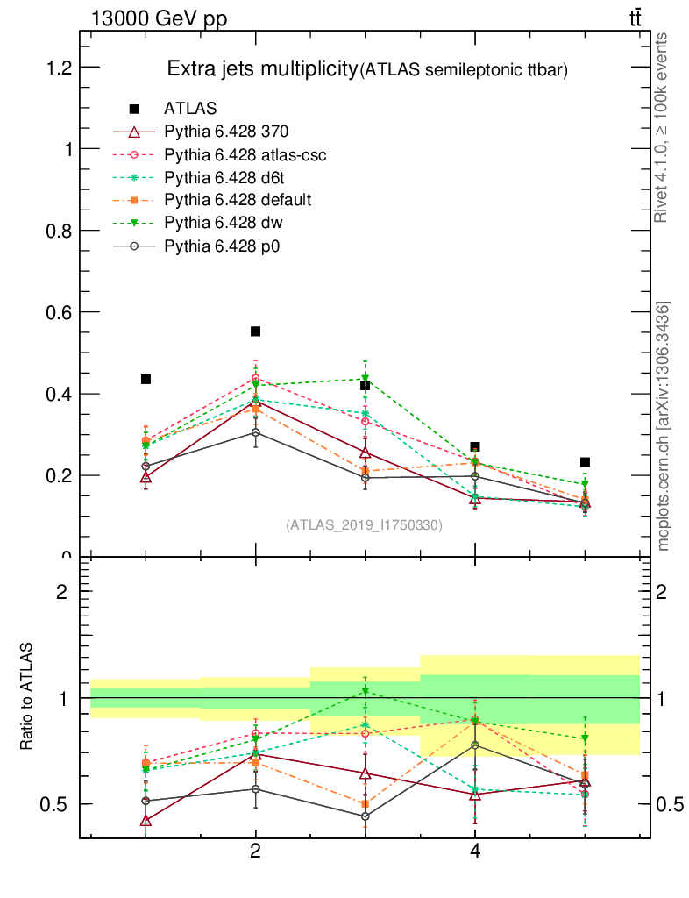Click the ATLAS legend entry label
click(190, 109)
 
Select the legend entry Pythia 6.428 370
click(226, 132)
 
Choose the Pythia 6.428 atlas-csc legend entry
click(245, 154)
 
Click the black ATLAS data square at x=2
click(256, 331)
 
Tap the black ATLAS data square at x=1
click(146, 379)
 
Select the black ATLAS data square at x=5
click(585, 462)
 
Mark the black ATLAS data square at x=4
click(475, 447)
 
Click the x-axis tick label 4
click(475, 851)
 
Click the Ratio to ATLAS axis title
click(27, 698)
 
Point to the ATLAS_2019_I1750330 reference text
click(365, 525)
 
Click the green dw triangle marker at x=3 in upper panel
click(366, 379)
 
